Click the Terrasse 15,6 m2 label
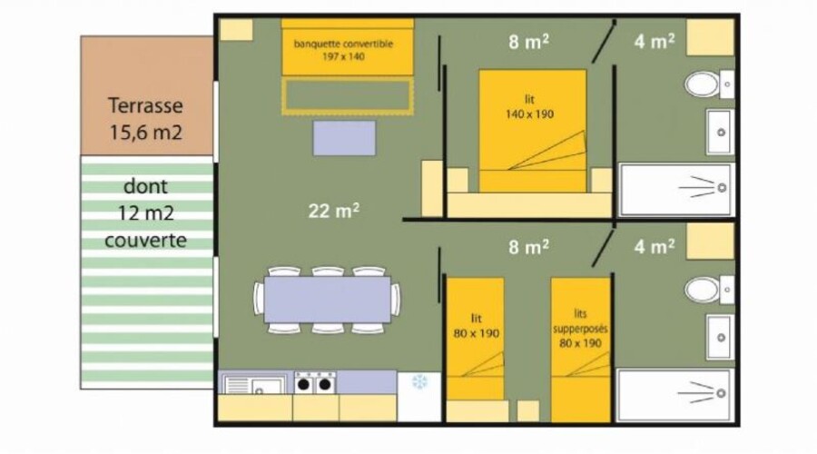pyautogui.click(x=145, y=119)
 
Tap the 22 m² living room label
pyautogui.click(x=333, y=211)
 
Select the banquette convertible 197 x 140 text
pyautogui.click(x=343, y=50)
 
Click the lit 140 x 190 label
pyautogui.click(x=529, y=107)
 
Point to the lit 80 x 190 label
pyautogui.click(x=477, y=326)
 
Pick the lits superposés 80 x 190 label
pyautogui.click(x=580, y=329)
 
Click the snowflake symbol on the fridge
pyautogui.click(x=419, y=382)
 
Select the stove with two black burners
pyautogui.click(x=315, y=383)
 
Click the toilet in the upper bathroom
pyautogui.click(x=709, y=84)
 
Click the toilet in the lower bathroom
pyautogui.click(x=709, y=290)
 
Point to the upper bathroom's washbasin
pyautogui.click(x=720, y=132)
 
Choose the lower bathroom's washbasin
pyautogui.click(x=720, y=337)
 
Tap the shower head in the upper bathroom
pyautogui.click(x=723, y=188)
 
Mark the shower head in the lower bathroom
pyautogui.click(x=721, y=393)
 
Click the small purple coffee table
pyautogui.click(x=344, y=138)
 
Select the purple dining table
pyautogui.click(x=327, y=300)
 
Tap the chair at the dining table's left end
pyautogui.click(x=259, y=300)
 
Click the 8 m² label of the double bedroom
pyautogui.click(x=528, y=41)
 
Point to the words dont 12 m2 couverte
pyautogui.click(x=145, y=213)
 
